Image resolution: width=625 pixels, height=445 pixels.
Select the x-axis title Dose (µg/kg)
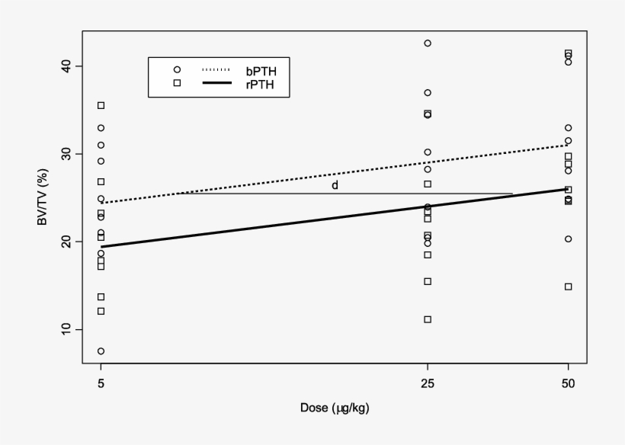[335, 408]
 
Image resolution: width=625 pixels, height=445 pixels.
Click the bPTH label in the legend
[272, 70]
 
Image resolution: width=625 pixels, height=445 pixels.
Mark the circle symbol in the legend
[177, 69]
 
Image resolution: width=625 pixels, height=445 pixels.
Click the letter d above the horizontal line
[335, 185]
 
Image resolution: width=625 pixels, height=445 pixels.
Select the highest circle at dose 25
[428, 43]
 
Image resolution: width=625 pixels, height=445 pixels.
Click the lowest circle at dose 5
[101, 351]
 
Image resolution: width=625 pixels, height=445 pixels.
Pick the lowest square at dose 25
[428, 319]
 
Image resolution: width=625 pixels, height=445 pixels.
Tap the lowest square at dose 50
[568, 287]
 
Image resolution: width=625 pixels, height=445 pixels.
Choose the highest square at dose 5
[101, 105]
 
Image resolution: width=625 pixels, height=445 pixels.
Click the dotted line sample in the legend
[216, 69]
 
